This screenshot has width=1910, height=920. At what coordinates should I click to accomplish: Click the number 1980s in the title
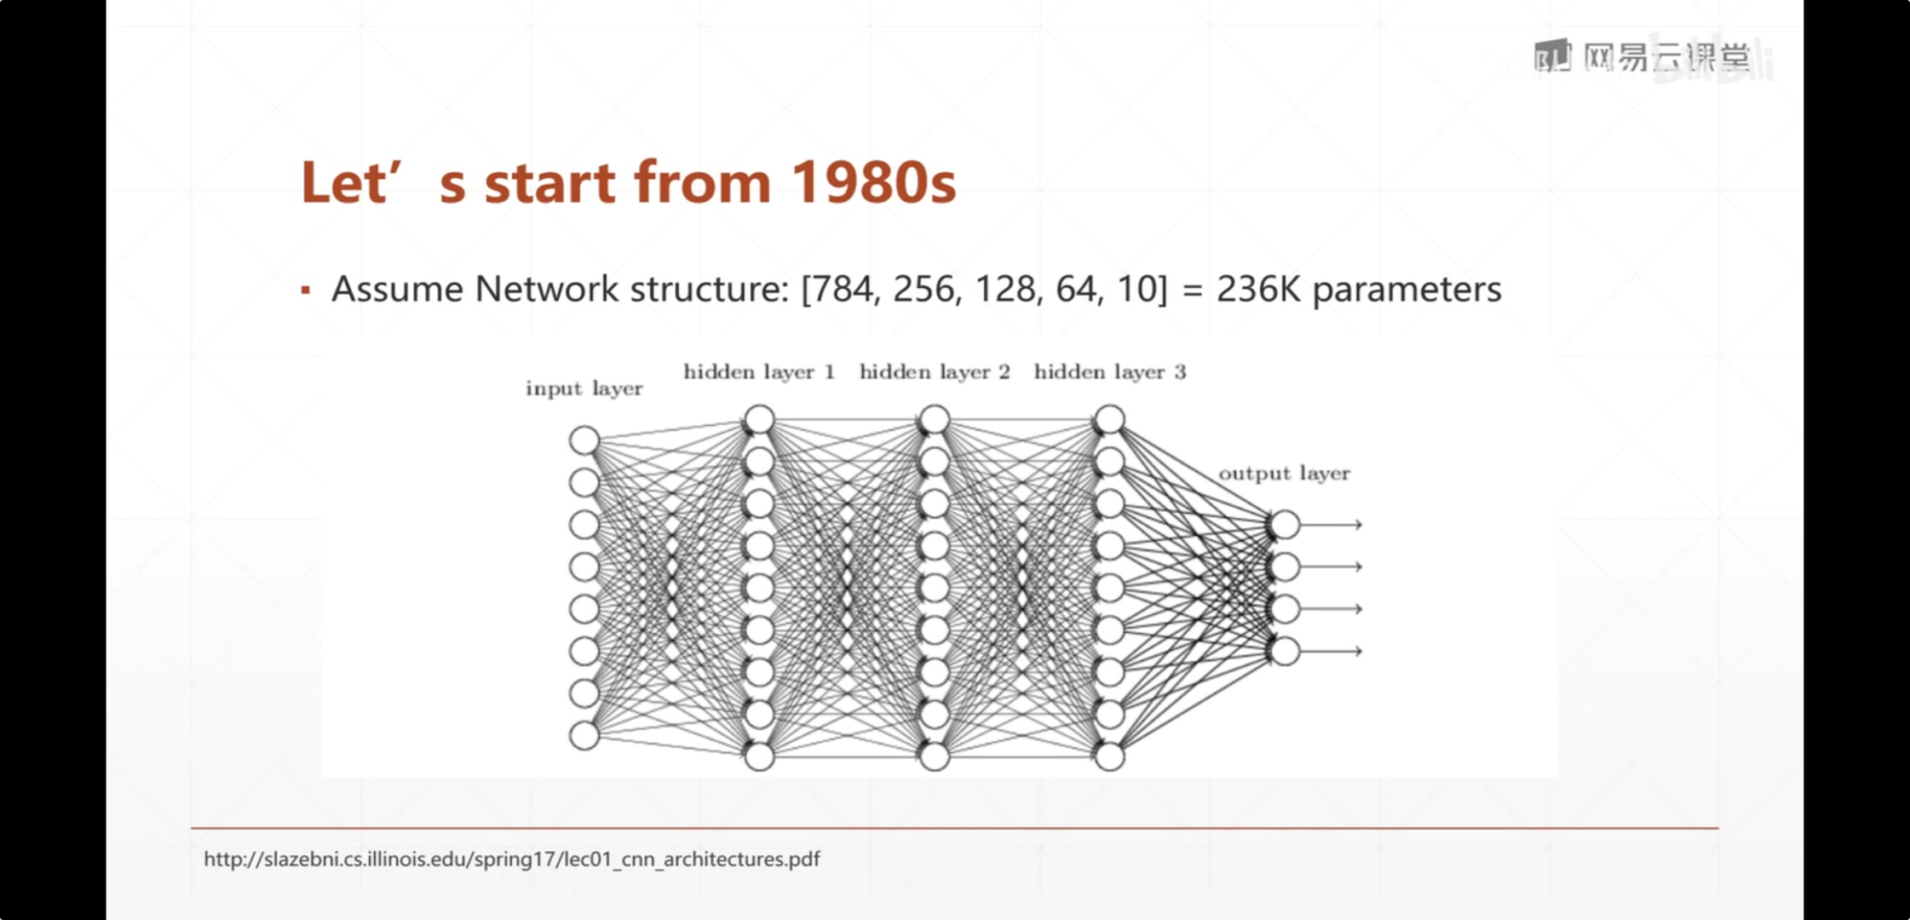pyautogui.click(x=873, y=182)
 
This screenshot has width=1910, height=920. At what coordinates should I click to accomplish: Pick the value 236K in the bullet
pyautogui.click(x=1258, y=290)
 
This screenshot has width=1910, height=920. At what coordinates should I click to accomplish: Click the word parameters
pyautogui.click(x=1407, y=291)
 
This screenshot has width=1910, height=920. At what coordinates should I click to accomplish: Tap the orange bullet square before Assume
pyautogui.click(x=306, y=290)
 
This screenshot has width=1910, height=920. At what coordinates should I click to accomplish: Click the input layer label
pyautogui.click(x=584, y=388)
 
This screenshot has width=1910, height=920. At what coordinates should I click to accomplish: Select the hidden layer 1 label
pyautogui.click(x=759, y=372)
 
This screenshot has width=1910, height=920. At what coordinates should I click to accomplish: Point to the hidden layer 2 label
pyautogui.click(x=935, y=372)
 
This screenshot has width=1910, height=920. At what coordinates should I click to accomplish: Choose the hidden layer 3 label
pyautogui.click(x=1110, y=372)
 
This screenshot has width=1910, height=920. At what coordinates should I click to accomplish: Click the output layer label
pyautogui.click(x=1285, y=474)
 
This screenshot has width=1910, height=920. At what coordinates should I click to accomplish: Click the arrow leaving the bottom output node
pyautogui.click(x=1332, y=652)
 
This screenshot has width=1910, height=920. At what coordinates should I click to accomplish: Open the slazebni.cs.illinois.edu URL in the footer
pyautogui.click(x=511, y=860)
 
